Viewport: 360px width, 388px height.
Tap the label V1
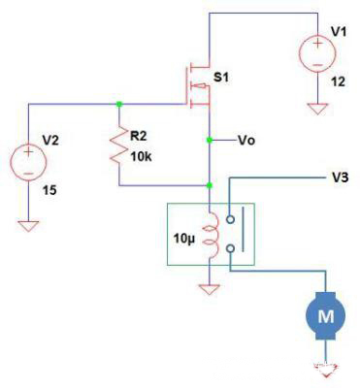click(x=339, y=31)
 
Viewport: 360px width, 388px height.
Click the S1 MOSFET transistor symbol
click(x=197, y=85)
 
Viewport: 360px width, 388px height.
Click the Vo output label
click(x=247, y=140)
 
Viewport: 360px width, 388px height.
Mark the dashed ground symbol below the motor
click(x=319, y=367)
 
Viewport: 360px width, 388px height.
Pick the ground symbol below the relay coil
click(x=210, y=288)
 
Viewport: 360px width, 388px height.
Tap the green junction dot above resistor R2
click(x=119, y=103)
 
